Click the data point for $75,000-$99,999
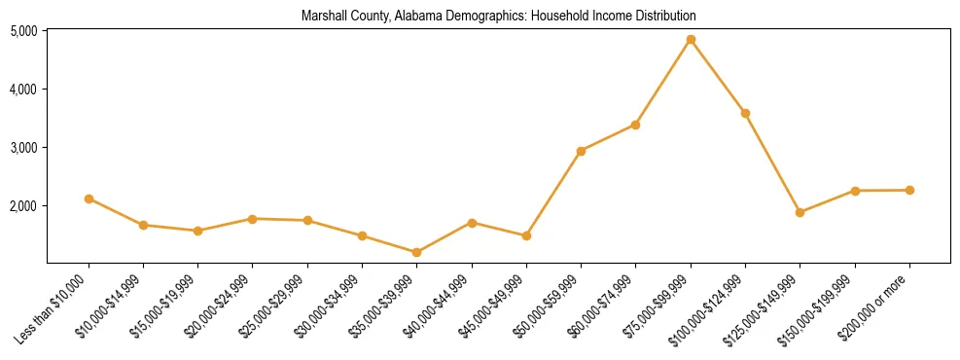point(691,40)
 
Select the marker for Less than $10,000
point(89,198)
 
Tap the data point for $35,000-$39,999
point(417,252)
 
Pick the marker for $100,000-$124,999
point(745,114)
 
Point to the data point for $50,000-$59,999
point(581,151)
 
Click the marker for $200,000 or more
point(909,190)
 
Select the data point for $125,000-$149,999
point(800,212)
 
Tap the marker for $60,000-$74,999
point(635,125)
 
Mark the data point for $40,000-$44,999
point(472,223)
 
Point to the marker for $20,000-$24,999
point(253,219)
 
